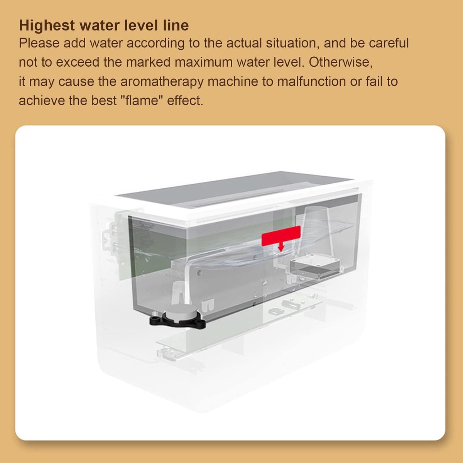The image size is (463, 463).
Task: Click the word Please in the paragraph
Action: point(39,43)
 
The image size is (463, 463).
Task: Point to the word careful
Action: point(389,43)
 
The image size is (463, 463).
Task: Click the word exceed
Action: point(78,62)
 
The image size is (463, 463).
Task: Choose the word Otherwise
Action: point(341,62)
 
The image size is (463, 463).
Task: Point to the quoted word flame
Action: point(141,100)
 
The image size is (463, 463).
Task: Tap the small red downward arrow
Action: point(281,247)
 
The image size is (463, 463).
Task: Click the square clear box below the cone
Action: point(315,268)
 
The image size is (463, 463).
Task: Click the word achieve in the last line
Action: point(42,100)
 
